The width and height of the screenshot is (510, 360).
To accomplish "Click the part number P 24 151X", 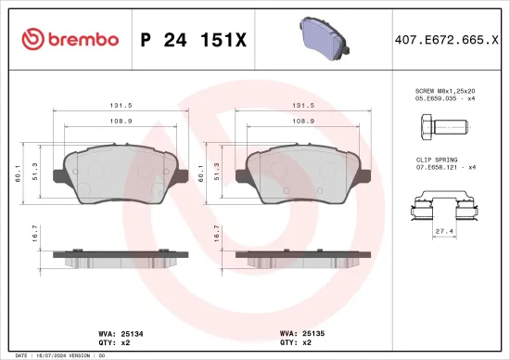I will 194,39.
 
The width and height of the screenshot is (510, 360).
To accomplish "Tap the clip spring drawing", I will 446,202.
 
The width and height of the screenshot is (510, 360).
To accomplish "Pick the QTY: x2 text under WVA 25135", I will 296,341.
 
